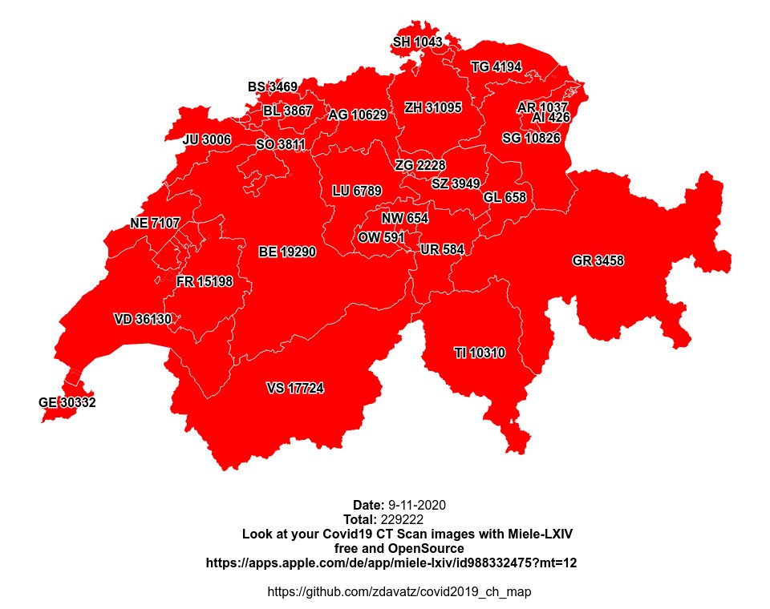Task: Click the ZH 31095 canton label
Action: pyautogui.click(x=433, y=107)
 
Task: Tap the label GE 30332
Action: pyautogui.click(x=67, y=402)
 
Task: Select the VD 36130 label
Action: pyautogui.click(x=143, y=319)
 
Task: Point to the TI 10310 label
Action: pyautogui.click(x=480, y=353)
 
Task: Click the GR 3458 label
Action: pyautogui.click(x=598, y=260)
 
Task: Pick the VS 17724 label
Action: pyautogui.click(x=295, y=388)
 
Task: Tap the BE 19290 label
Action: pyautogui.click(x=287, y=252)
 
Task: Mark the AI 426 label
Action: pyautogui.click(x=551, y=118)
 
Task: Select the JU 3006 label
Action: pyautogui.click(x=207, y=139)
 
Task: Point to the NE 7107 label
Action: pyautogui.click(x=155, y=223)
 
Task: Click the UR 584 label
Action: pyautogui.click(x=442, y=249)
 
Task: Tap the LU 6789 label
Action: pyautogui.click(x=357, y=191)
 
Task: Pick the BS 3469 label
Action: pyautogui.click(x=272, y=87)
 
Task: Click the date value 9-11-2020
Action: pyautogui.click(x=416, y=505)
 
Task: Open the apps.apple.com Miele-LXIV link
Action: pyautogui.click(x=391, y=563)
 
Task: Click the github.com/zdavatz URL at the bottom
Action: pyautogui.click(x=399, y=591)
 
